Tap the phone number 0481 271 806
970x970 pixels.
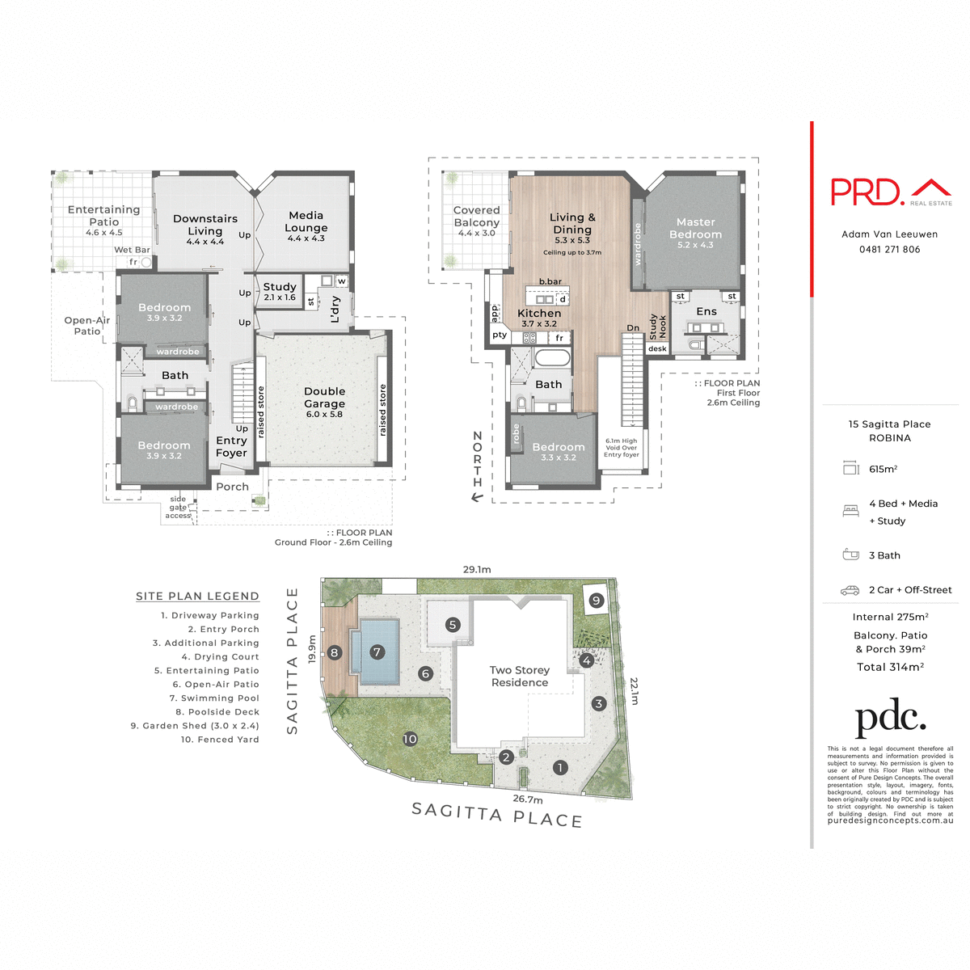pos(889,249)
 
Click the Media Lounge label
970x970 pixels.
pos(306,226)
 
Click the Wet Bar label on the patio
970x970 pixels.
pos(132,250)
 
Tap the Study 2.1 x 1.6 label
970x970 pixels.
pos(280,291)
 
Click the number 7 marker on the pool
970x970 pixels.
pos(377,652)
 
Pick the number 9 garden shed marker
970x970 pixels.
pos(596,600)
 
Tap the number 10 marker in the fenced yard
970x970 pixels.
pos(410,739)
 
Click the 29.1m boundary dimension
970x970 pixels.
pos(477,569)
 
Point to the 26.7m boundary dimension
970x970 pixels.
pos(527,799)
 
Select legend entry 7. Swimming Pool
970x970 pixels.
pos(214,698)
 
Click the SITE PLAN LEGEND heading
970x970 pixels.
pos(197,596)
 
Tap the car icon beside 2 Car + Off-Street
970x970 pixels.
pos(850,590)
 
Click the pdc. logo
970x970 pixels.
pos(890,719)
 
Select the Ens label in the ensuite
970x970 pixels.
pos(706,311)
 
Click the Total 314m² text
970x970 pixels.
pos(890,667)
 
